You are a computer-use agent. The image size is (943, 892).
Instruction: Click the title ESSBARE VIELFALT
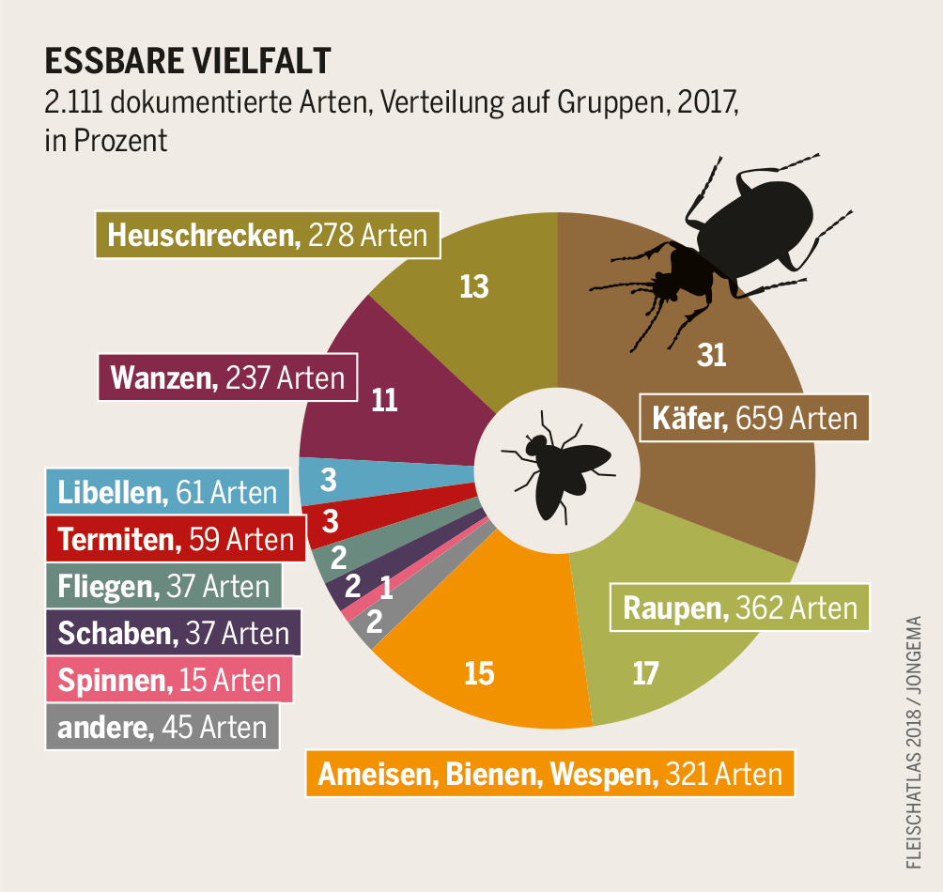[x=188, y=61]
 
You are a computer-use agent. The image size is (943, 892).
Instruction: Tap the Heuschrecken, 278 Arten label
[x=268, y=235]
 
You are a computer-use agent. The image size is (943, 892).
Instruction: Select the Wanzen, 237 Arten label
[x=228, y=377]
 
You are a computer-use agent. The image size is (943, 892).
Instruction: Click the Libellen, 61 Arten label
[x=168, y=492]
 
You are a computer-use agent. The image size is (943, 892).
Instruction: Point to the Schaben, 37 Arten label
[x=173, y=633]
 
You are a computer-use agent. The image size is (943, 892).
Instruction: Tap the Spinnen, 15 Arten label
[x=169, y=680]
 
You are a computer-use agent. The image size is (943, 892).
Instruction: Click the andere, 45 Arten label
[x=162, y=727]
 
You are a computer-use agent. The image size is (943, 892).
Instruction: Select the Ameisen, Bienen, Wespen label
[x=549, y=775]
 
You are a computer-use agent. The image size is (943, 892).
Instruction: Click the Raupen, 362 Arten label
[x=740, y=608]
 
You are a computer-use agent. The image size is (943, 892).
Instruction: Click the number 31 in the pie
[x=712, y=355]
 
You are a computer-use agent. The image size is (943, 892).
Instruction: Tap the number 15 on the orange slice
[x=479, y=673]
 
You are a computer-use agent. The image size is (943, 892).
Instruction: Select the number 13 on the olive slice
[x=474, y=286]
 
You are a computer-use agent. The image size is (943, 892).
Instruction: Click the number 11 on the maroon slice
[x=384, y=400]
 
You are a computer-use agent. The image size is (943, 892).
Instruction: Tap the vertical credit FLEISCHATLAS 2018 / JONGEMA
[x=914, y=742]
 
